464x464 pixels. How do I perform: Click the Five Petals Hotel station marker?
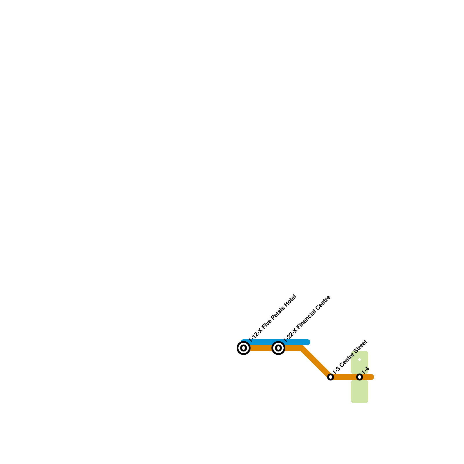244,348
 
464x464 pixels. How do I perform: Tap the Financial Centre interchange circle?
278,348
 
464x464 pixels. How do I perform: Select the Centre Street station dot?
330,377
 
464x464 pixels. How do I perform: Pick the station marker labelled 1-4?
360,377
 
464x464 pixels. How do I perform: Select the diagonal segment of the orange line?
316,362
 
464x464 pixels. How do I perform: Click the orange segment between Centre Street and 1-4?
345,377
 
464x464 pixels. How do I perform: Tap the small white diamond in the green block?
360,360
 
